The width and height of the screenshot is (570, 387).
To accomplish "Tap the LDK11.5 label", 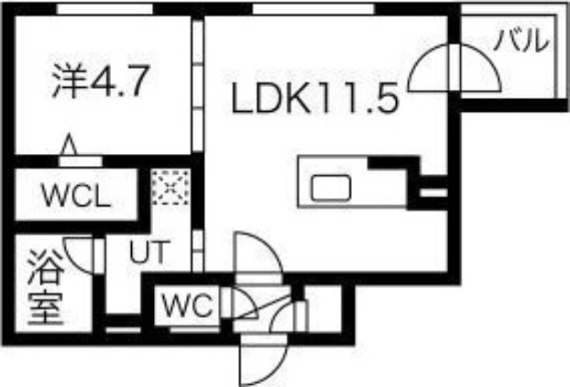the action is (x=315, y=97).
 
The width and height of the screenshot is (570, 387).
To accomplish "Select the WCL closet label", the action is (x=76, y=196).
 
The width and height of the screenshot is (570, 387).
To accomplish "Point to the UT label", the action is (x=150, y=252).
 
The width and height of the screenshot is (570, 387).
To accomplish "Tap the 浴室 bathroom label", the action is (x=46, y=287).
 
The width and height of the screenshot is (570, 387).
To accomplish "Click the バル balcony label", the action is (x=522, y=40).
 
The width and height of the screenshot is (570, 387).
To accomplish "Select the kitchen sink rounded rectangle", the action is (x=331, y=187).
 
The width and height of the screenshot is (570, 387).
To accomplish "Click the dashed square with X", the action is (x=170, y=187).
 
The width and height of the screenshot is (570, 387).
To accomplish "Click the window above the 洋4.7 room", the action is (x=105, y=9).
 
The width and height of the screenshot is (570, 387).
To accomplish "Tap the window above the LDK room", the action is (x=313, y=9).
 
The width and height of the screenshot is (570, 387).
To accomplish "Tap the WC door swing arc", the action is (x=245, y=304).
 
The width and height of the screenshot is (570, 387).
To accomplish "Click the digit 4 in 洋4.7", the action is (x=102, y=81).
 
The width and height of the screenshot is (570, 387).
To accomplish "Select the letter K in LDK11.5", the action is (x=295, y=98).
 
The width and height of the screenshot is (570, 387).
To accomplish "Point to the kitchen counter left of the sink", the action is (x=305, y=182).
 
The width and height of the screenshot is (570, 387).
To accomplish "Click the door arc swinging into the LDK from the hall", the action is (x=259, y=253).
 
